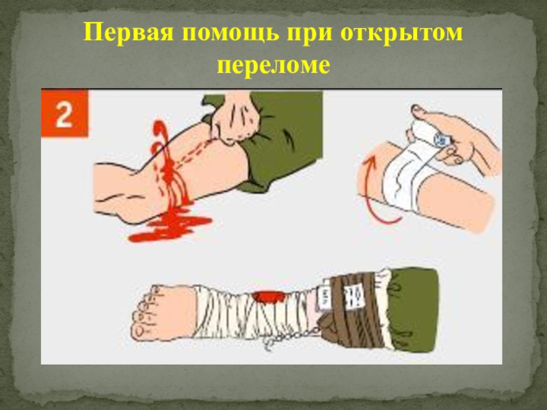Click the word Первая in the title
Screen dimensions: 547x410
tap(129, 33)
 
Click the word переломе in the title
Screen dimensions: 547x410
tap(273, 66)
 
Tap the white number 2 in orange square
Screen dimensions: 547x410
tap(64, 114)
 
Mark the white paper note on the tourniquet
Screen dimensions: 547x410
tap(355, 297)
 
